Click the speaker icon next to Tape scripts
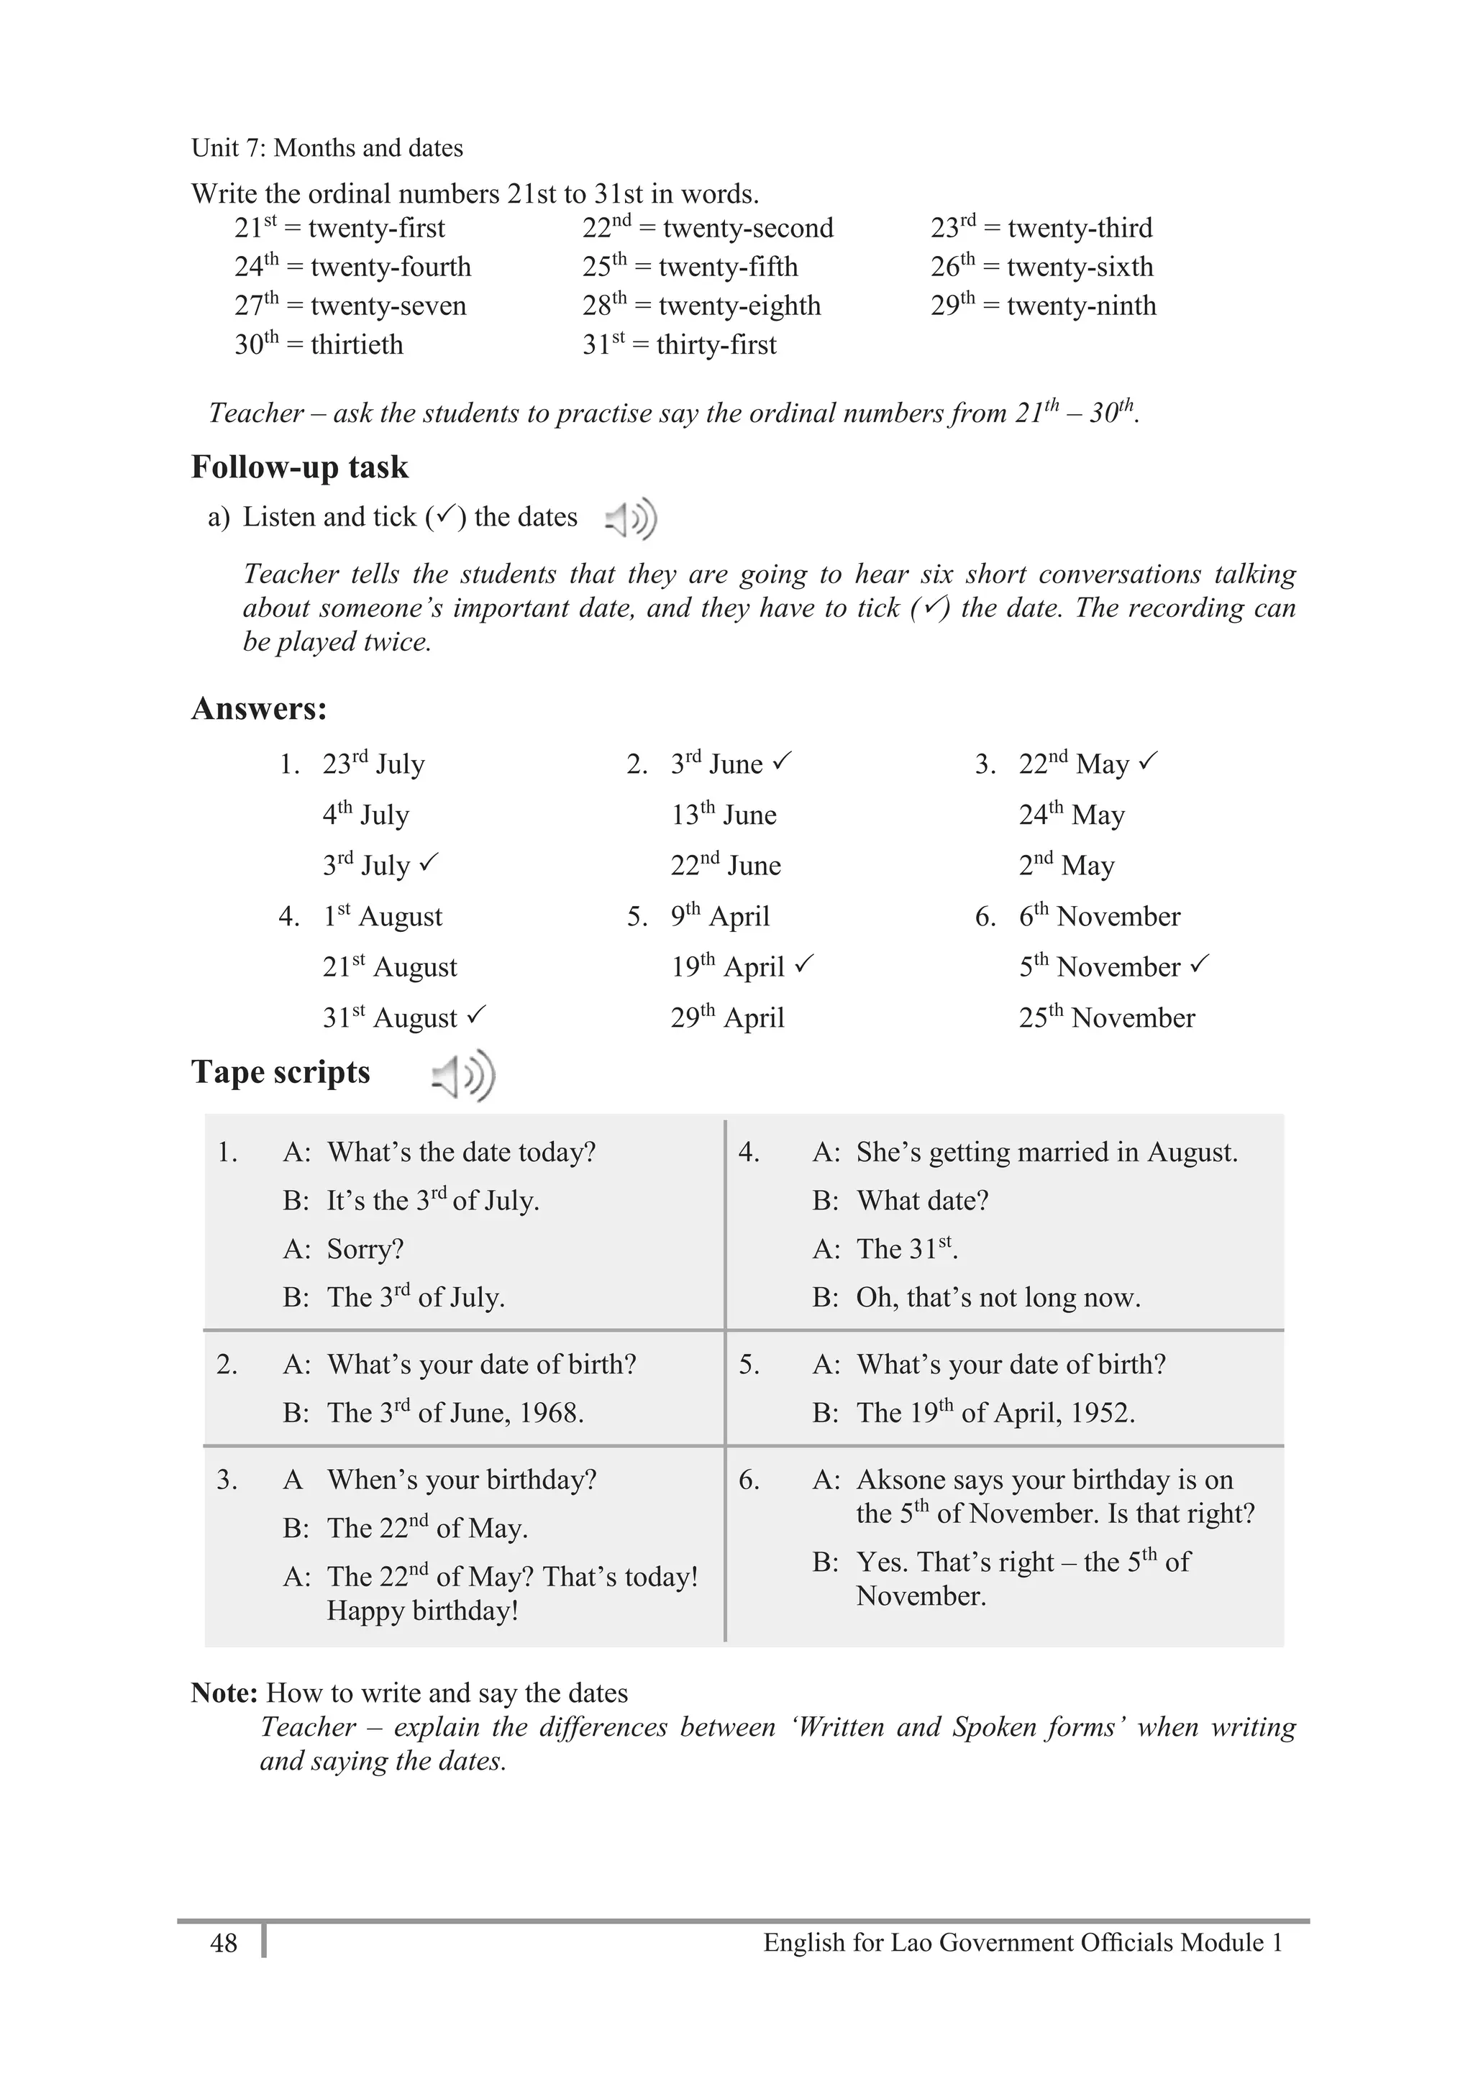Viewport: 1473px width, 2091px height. pos(462,1076)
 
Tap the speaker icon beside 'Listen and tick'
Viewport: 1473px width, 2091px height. pos(630,519)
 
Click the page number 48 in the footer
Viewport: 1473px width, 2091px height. pos(223,1943)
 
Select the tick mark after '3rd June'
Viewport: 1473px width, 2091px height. pos(783,761)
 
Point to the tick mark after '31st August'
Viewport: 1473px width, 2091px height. pos(476,1014)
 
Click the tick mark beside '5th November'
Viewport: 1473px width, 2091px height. pos(1200,963)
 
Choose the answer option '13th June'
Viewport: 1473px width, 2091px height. pos(724,814)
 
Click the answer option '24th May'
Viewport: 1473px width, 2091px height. pos(1071,814)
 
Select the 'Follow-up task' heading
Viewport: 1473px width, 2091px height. pos(300,467)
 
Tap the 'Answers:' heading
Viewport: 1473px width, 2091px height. pos(259,708)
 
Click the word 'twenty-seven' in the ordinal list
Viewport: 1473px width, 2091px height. pos(388,306)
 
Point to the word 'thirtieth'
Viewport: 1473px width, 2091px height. pos(356,345)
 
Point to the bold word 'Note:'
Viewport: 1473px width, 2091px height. pos(224,1693)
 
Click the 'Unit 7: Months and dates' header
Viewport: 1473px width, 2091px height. pos(327,147)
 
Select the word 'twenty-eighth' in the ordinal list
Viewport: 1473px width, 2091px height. pos(739,306)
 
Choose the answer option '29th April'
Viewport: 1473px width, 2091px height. pos(727,1017)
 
